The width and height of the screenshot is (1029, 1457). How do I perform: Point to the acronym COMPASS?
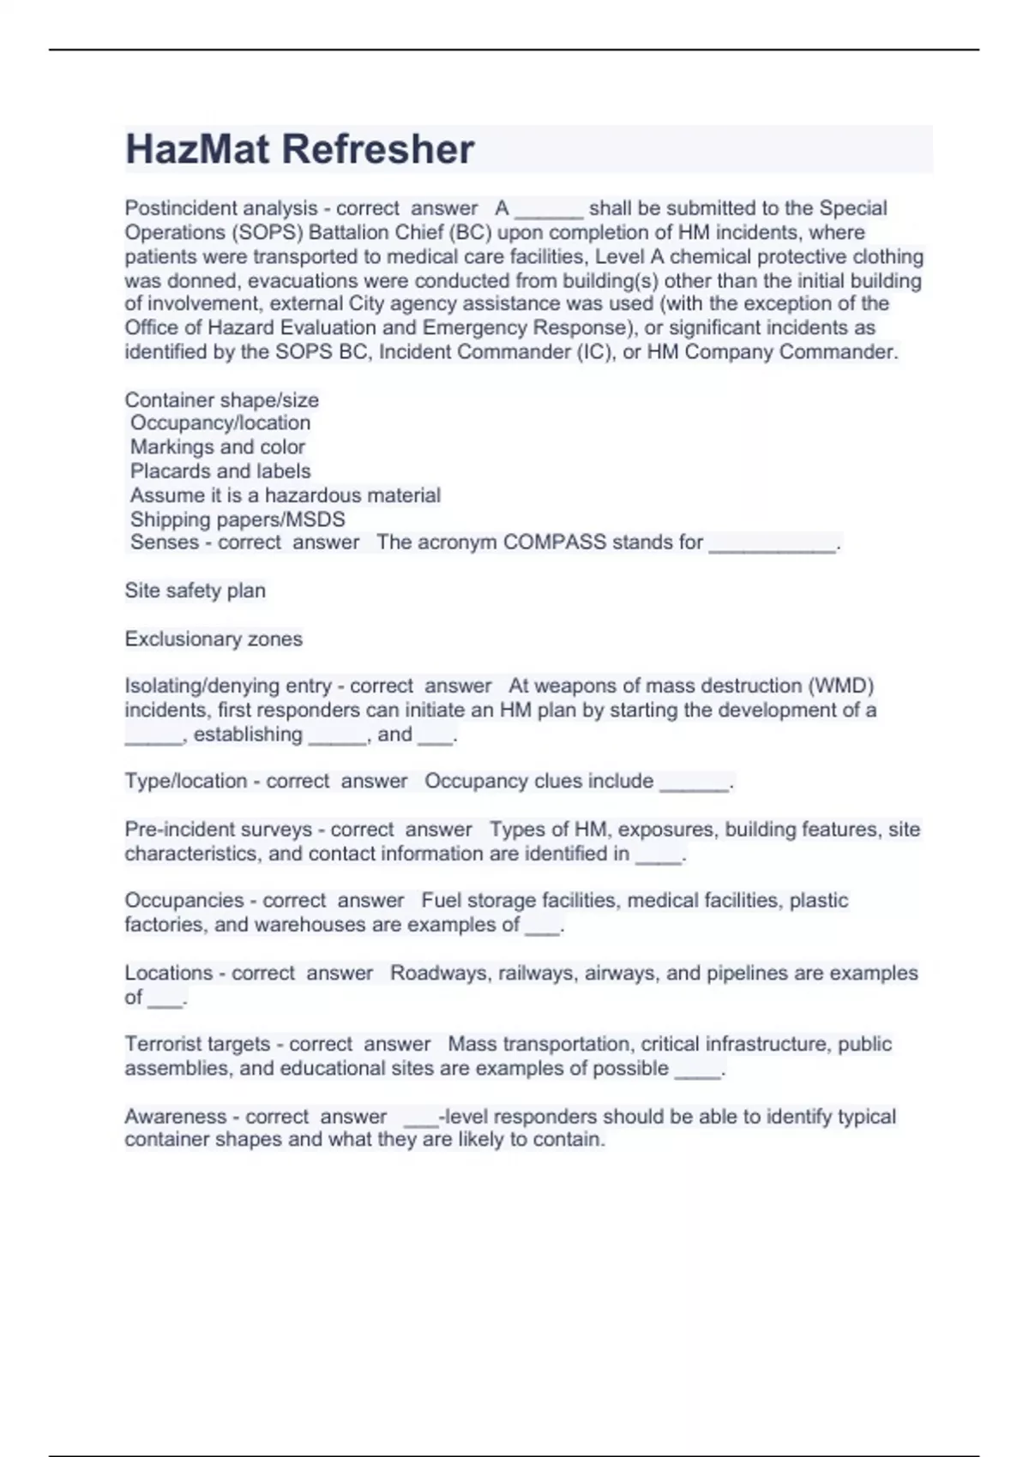coord(554,543)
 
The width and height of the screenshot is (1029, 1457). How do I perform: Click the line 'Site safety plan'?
coord(195,591)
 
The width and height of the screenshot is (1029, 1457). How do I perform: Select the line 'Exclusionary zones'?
coord(214,639)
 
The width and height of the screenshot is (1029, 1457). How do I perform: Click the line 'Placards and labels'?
coord(220,471)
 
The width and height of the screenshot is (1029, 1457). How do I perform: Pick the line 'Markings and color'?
coord(218,447)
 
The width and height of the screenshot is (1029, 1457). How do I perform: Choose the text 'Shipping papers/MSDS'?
coord(238,519)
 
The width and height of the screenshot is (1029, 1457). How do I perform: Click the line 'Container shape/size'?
coord(221,399)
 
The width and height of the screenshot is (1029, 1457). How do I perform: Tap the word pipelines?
coord(747,973)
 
